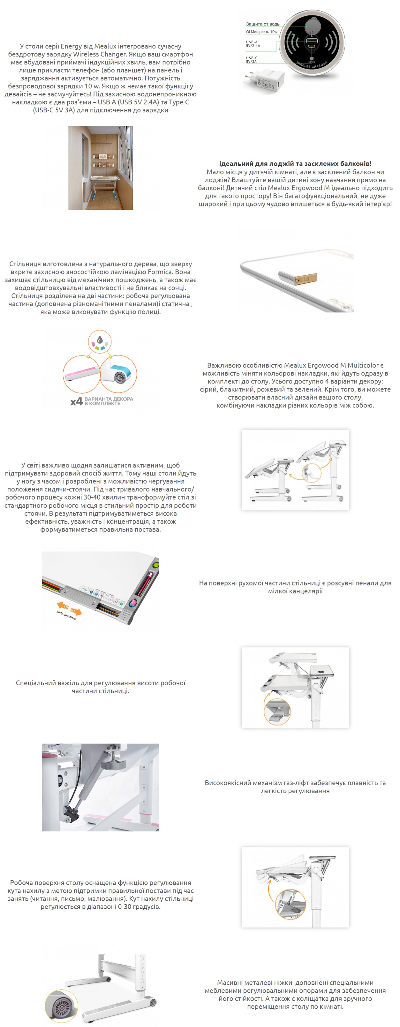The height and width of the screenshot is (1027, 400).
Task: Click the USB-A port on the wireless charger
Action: point(311,41)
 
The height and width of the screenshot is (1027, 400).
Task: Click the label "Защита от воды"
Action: point(263,24)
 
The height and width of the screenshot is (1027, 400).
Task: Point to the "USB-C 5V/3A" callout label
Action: point(251,60)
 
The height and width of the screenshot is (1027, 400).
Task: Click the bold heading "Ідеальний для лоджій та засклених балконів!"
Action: point(295,163)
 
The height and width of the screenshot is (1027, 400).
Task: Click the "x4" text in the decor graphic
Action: point(76,401)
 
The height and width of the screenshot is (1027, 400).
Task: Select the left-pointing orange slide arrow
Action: point(63,606)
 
